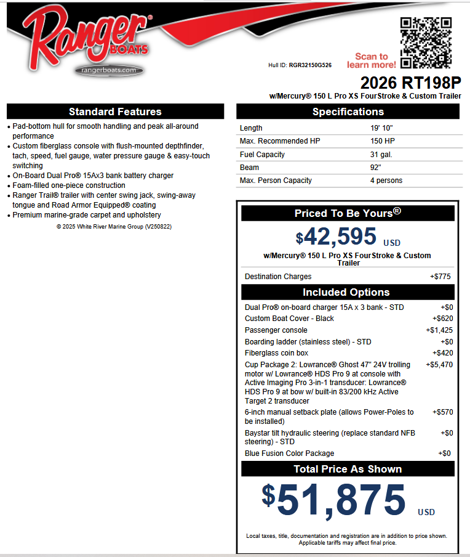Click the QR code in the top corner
(x=426, y=43)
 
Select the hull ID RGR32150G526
(x=310, y=65)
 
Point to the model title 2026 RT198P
(x=410, y=83)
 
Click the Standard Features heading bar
(x=115, y=112)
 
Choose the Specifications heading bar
(x=348, y=112)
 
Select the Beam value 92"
(x=376, y=168)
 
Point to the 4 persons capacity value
(x=386, y=181)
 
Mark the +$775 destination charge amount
(x=440, y=277)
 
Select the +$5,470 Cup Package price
(x=439, y=365)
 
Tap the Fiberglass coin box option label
(x=276, y=353)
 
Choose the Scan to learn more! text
(x=371, y=60)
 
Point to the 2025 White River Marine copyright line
(x=114, y=227)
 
